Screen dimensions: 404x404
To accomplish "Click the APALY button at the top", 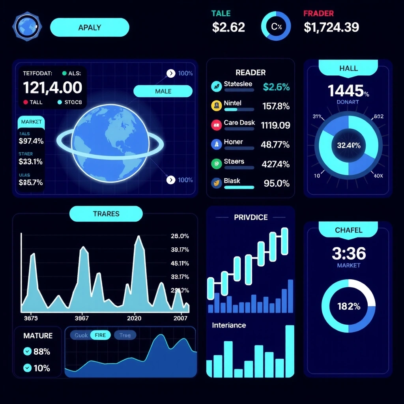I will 90,28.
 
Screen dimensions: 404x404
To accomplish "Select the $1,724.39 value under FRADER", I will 331,27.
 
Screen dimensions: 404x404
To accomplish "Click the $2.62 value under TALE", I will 228,27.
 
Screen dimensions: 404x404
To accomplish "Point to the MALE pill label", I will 163,91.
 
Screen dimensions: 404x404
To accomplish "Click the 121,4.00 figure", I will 52,87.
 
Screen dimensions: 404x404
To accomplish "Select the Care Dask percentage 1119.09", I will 275,125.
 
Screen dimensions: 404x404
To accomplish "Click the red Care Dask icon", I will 217,125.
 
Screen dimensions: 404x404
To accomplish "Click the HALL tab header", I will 348,69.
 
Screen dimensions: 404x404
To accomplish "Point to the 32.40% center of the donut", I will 349,145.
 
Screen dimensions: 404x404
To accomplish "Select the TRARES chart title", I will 106,214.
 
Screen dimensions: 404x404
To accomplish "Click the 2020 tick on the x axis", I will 134,318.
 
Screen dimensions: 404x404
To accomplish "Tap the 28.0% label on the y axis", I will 180,236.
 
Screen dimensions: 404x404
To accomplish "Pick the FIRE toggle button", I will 100,335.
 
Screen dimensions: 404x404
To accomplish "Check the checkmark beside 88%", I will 28,351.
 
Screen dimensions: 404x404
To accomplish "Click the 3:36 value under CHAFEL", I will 349,253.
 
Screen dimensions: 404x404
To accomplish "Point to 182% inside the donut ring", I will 349,306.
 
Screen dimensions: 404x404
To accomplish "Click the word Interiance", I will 229,325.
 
